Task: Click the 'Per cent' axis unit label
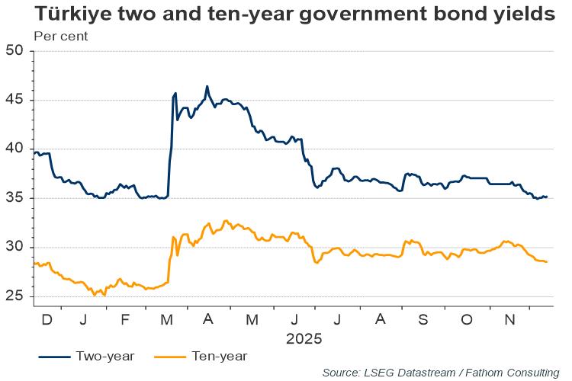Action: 61,36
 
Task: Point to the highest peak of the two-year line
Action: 207,87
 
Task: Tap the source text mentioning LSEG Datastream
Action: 440,372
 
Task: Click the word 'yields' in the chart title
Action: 517,15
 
